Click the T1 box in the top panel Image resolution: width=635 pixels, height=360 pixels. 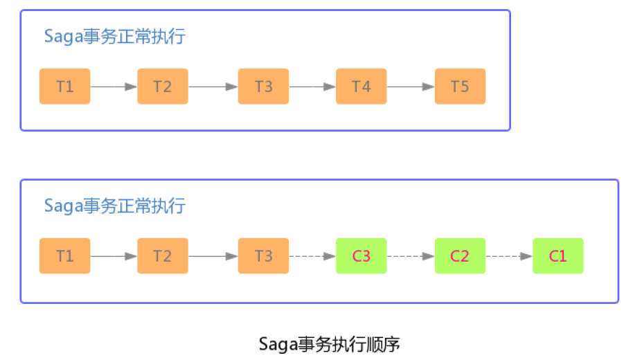point(64,87)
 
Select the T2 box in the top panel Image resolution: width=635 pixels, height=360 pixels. point(163,87)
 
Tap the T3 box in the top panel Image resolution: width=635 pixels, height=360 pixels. point(263,87)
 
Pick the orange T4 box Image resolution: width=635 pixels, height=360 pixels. point(361,87)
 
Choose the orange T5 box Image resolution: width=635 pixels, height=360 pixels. point(460,87)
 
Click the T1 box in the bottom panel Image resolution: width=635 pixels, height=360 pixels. point(64,256)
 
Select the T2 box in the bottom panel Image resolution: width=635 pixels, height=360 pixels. point(163,256)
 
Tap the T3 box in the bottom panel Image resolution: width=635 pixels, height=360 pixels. point(263,256)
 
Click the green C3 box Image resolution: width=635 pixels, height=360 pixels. point(361,256)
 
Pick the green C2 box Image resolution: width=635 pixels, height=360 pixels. point(460,256)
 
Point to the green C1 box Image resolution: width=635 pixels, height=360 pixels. point(558,256)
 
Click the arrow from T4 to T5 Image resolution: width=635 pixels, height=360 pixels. point(411,87)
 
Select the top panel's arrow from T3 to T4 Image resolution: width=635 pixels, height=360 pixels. point(312,87)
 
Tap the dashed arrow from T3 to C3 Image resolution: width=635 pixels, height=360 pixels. point(312,256)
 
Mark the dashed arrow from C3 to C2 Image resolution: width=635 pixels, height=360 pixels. point(411,256)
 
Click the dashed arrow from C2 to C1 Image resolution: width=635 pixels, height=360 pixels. point(509,256)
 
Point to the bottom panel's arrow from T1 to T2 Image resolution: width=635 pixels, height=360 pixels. point(114,256)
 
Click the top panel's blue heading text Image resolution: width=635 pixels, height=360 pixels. point(115,37)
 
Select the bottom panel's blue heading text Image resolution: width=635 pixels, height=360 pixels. point(115,206)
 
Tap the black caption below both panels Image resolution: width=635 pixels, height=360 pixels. point(330,343)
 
